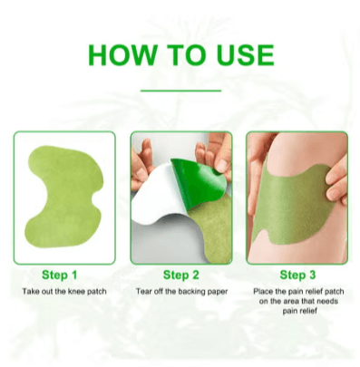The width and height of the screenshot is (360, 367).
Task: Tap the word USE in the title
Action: pyautogui.click(x=245, y=55)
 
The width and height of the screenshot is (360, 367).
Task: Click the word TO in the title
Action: pyautogui.click(x=187, y=55)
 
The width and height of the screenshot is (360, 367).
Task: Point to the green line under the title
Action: pyautogui.click(x=180, y=91)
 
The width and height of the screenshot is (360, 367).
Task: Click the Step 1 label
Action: pyautogui.click(x=60, y=275)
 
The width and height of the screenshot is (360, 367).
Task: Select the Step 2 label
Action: pyautogui.click(x=181, y=275)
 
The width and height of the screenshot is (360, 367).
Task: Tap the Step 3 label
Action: pyautogui.click(x=297, y=275)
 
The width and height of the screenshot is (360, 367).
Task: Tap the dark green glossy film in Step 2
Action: pyautogui.click(x=198, y=183)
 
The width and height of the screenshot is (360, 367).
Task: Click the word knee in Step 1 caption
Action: pyautogui.click(x=76, y=292)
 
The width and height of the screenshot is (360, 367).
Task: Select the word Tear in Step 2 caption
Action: pyautogui.click(x=142, y=292)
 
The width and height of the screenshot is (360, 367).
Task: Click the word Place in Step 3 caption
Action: pyautogui.click(x=261, y=292)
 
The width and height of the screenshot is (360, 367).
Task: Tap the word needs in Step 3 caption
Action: pyautogui.click(x=327, y=301)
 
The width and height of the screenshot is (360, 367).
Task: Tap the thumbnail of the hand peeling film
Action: pyautogui.click(x=223, y=166)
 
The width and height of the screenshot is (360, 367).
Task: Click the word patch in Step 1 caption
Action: pyautogui.click(x=97, y=292)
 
